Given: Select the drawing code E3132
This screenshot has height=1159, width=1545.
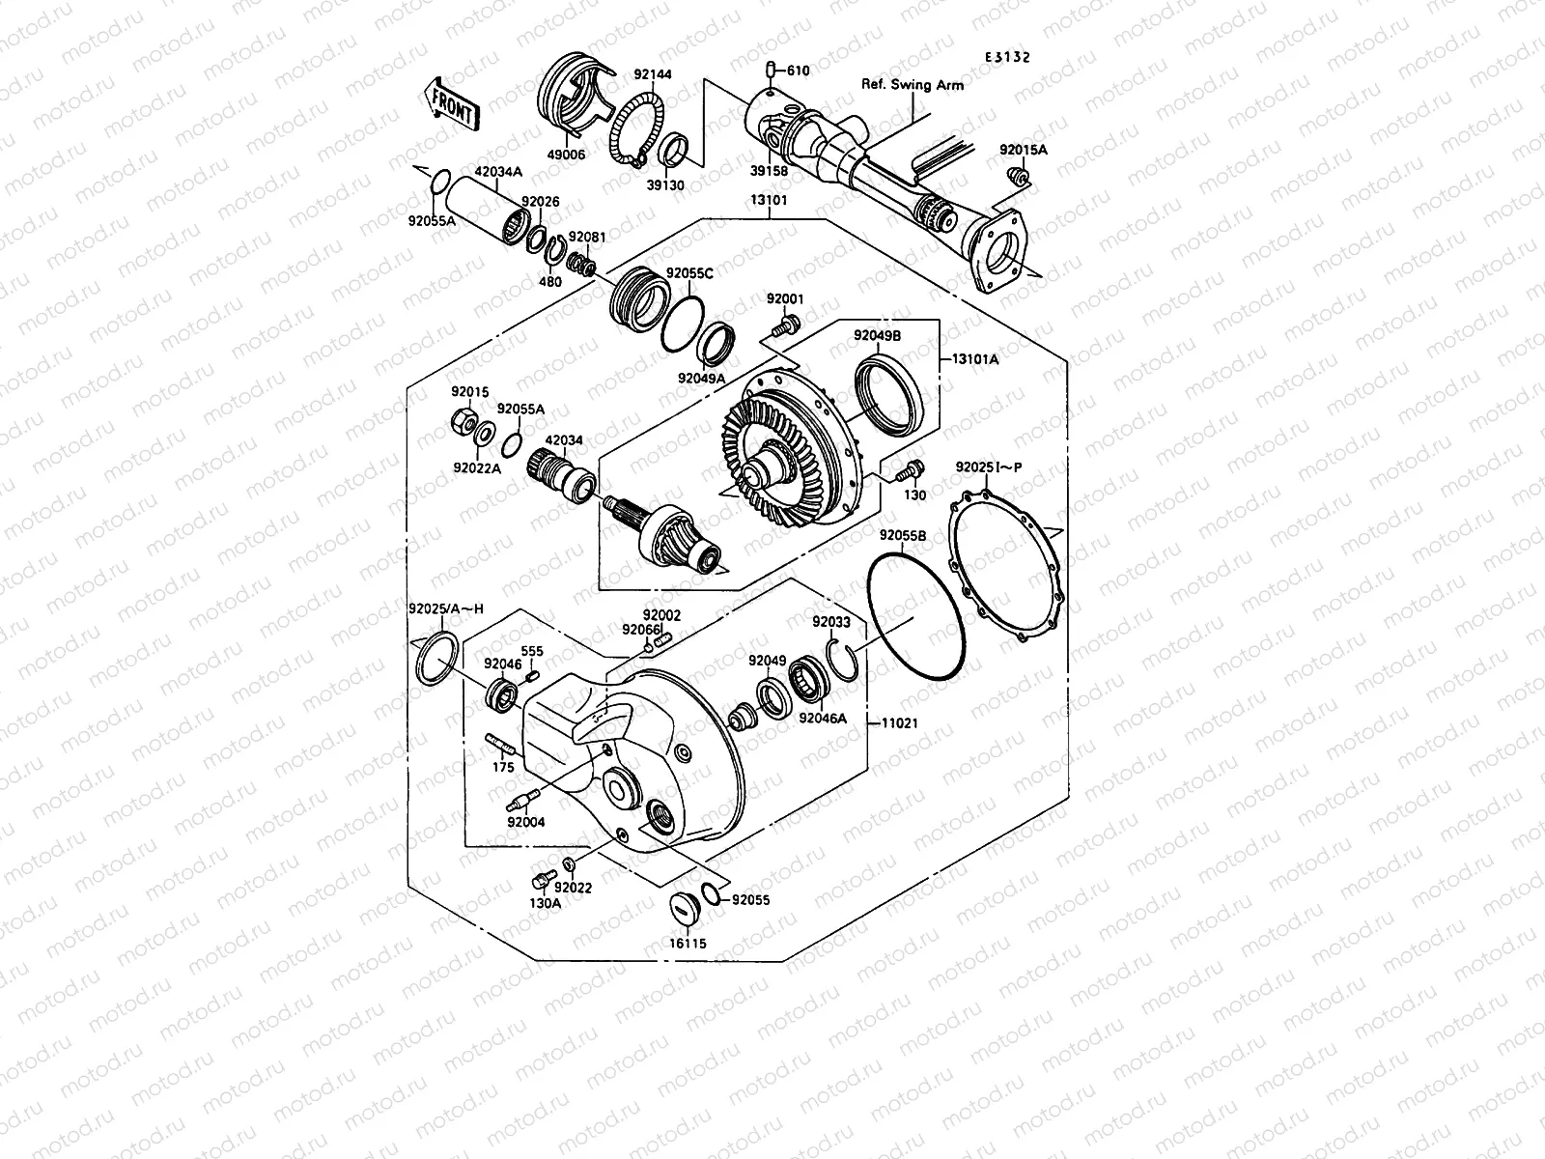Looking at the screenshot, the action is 1007,57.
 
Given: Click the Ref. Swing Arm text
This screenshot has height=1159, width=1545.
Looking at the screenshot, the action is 912,85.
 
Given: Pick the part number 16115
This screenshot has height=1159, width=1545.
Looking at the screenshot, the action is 688,943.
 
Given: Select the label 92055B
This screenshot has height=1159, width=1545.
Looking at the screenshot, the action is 903,535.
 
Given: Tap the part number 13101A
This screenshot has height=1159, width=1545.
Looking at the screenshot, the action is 976,357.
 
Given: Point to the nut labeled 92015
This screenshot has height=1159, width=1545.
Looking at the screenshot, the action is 462,419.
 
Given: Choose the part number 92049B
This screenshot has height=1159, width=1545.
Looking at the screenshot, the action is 877,336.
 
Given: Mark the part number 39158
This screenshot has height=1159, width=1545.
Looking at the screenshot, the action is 770,171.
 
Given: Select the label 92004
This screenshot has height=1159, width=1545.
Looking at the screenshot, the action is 525,822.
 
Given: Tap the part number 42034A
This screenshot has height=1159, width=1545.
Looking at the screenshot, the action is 523,172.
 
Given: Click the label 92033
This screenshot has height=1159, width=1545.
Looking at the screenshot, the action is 830,622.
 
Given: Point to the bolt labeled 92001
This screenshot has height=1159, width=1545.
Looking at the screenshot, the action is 788,323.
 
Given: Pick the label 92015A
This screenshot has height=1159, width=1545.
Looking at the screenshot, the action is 1023,150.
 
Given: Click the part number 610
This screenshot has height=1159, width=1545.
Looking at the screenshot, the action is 798,71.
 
